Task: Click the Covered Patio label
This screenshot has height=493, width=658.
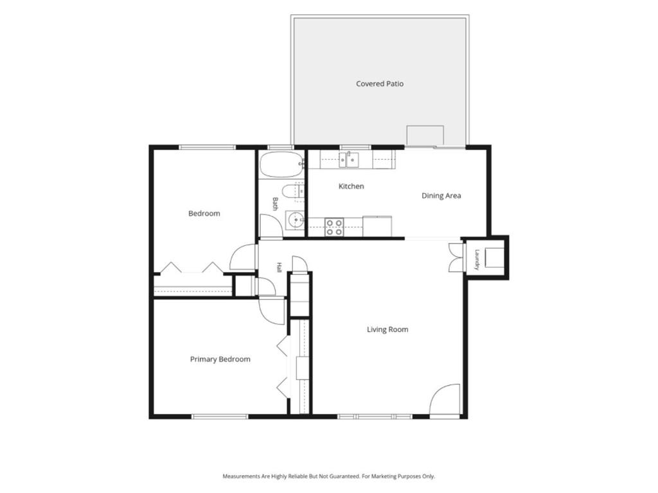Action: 380,84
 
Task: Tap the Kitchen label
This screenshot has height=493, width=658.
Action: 351,186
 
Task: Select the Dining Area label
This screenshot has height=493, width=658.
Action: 441,196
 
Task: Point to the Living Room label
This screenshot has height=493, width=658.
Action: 387,329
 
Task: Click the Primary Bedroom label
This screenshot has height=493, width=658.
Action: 220,359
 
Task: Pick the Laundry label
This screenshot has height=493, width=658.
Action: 477,260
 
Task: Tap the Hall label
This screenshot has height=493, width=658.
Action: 279,268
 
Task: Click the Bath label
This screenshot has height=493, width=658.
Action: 275,203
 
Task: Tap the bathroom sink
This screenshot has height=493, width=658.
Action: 296,220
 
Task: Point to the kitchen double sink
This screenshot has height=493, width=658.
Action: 349,160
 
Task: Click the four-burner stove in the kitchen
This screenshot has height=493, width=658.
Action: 334,227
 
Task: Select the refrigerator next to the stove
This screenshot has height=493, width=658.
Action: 377,227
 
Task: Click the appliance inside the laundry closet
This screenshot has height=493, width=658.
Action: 493,257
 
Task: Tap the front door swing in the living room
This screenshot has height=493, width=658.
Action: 445,401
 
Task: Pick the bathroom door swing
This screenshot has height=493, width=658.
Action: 271,227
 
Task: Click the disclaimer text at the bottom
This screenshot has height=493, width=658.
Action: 328,477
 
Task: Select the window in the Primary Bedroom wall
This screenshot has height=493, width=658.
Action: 220,417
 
